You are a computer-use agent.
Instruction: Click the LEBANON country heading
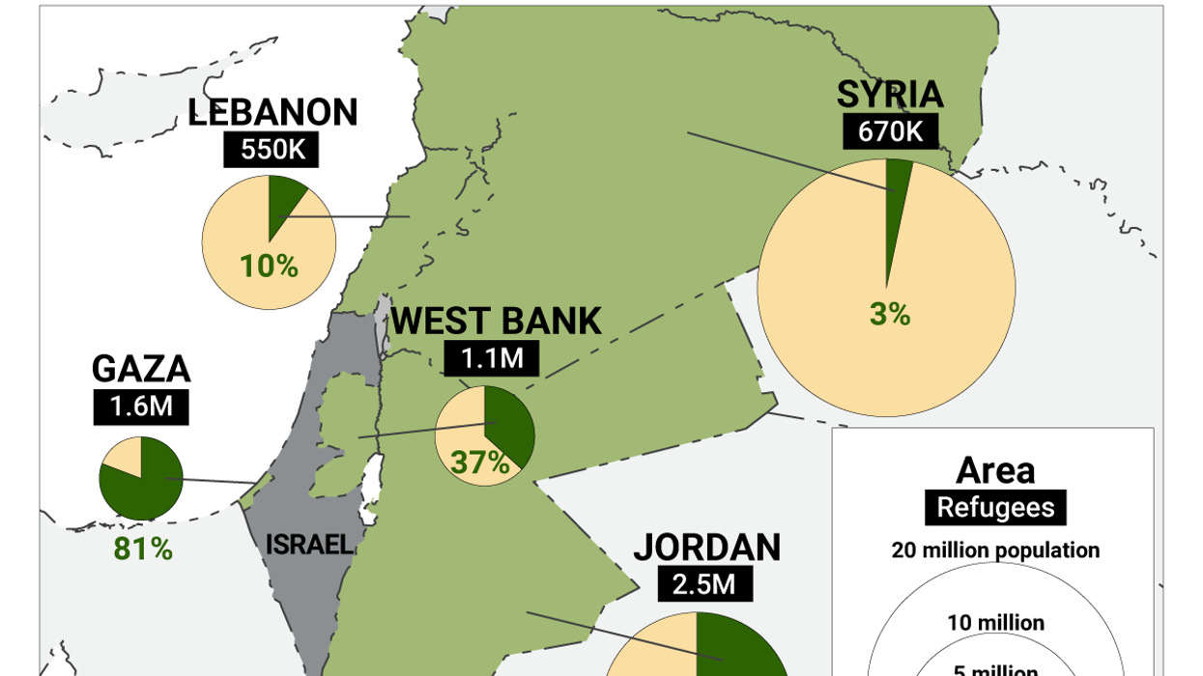pos(272,112)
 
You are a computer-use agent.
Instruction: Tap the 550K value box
pos(272,150)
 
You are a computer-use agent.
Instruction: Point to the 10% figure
pos(269,266)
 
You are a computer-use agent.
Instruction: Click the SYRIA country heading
pos(889,95)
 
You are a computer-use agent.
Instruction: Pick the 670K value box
pos(889,131)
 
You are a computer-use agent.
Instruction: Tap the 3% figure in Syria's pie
pos(889,314)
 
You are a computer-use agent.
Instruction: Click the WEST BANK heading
pos(497,321)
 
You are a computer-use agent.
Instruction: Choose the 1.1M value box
pos(492,359)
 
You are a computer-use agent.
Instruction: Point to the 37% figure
pos(479,464)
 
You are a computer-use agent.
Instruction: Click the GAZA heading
pos(141,369)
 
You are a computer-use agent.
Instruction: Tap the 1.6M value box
pos(141,407)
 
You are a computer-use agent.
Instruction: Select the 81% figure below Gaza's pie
pos(143,549)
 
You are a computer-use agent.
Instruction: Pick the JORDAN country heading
pos(706,548)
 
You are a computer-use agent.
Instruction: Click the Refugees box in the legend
pos(995,507)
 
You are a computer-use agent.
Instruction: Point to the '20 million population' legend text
pos(995,550)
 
